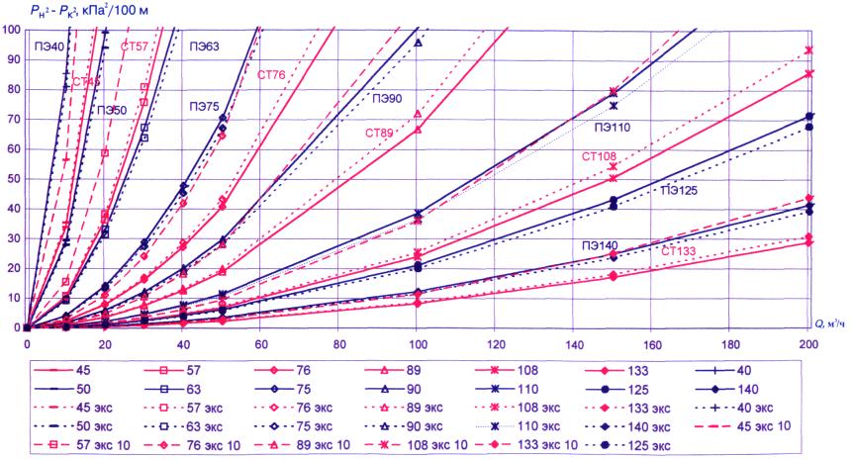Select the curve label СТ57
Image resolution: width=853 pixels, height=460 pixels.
pos(135,46)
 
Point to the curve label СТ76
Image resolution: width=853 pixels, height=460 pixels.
pos(271,74)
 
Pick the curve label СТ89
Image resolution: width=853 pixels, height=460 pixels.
pos(379,134)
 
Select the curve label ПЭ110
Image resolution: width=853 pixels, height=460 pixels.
pos(615,126)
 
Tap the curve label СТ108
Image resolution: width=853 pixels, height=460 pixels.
pos(600,156)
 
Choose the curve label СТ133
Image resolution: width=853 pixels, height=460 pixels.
pos(680,251)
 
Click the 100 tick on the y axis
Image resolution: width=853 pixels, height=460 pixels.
pos(11,29)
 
